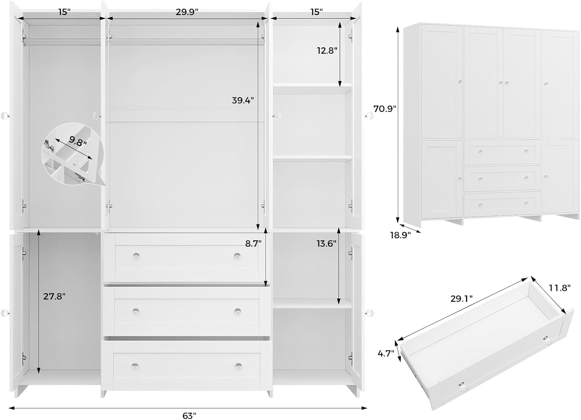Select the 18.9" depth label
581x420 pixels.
[x=400, y=235]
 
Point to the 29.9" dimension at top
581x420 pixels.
[x=187, y=12]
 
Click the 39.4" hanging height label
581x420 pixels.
[x=243, y=100]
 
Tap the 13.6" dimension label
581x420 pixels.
[x=326, y=243]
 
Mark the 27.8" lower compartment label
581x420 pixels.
[x=54, y=296]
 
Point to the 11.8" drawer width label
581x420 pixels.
[x=560, y=288]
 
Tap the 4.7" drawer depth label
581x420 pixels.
[x=386, y=353]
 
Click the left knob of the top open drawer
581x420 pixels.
[x=136, y=256]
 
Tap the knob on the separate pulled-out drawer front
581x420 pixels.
[x=462, y=386]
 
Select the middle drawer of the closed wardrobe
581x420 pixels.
[x=502, y=178]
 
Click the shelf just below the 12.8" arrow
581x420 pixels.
[x=312, y=89]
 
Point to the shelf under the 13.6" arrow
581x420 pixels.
[x=312, y=304]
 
